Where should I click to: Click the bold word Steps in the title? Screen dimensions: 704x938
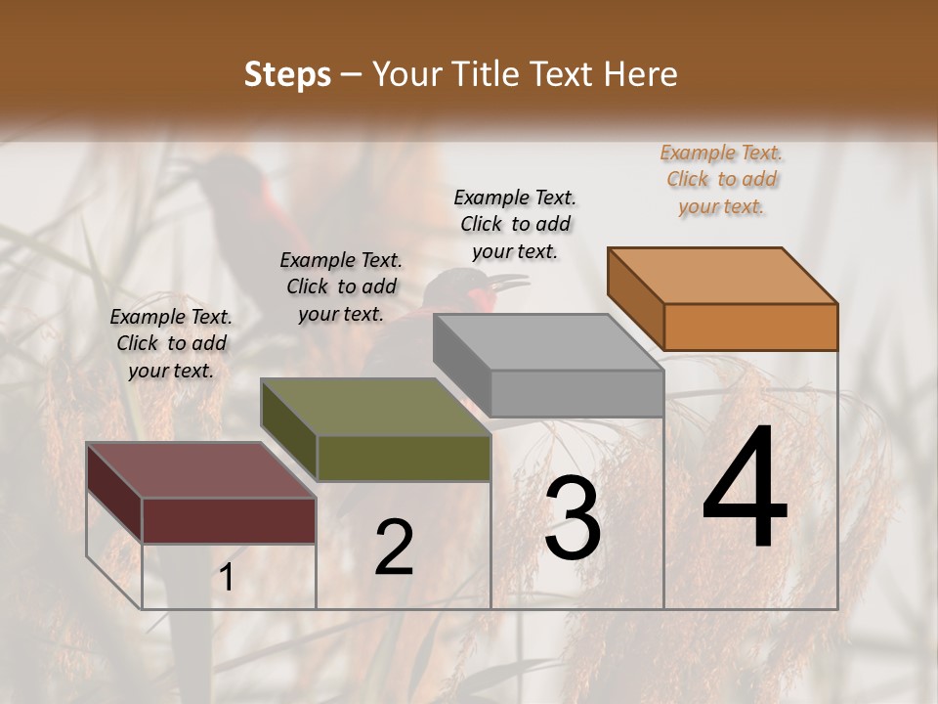pyautogui.click(x=287, y=74)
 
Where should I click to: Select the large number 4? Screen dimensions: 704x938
pyautogui.click(x=745, y=489)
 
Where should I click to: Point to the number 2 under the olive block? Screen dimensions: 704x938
pyautogui.click(x=394, y=548)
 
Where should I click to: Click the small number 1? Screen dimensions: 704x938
pyautogui.click(x=227, y=578)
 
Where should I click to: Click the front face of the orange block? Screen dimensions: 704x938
pyautogui.click(x=750, y=327)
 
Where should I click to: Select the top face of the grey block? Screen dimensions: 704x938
pyautogui.click(x=548, y=342)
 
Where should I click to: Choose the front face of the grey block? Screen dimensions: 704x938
pyautogui.click(x=576, y=393)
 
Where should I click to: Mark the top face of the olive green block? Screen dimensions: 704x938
pyautogui.click(x=375, y=407)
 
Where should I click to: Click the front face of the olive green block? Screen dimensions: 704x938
pyautogui.click(x=404, y=458)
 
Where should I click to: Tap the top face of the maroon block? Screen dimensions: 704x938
pyautogui.click(x=201, y=470)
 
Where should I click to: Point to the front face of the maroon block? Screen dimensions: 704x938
pyautogui.click(x=229, y=520)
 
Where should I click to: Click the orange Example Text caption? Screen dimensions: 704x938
pyautogui.click(x=722, y=179)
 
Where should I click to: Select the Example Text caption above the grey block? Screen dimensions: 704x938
pyautogui.click(x=515, y=224)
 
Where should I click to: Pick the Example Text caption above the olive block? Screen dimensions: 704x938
pyautogui.click(x=341, y=286)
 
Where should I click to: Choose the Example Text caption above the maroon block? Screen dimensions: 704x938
pyautogui.click(x=171, y=343)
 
